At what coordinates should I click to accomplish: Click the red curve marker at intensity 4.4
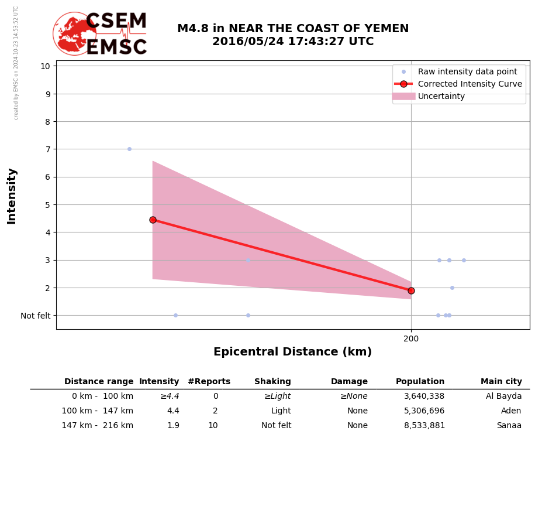coord(153,220)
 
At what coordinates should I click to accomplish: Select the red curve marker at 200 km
coord(411,290)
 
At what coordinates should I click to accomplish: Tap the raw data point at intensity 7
coord(129,149)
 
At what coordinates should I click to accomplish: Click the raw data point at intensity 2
coord(452,288)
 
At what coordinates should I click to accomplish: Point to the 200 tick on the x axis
coord(411,338)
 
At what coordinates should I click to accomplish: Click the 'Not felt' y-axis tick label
coord(36,316)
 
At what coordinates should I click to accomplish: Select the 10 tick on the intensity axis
coord(45,66)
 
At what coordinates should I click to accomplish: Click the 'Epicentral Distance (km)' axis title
coord(292,352)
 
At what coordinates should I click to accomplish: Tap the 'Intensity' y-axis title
coord(12,196)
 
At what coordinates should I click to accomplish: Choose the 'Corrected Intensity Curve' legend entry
coord(470,84)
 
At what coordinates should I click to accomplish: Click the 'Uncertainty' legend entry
coord(441,96)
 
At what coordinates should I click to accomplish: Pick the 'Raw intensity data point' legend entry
coord(467,71)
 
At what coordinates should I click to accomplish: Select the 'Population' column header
coord(420,382)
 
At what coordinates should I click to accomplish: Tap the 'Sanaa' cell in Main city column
coord(509,426)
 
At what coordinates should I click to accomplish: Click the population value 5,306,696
coord(424,411)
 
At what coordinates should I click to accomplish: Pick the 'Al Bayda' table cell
coord(503,396)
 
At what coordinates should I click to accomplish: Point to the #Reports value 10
coord(213,426)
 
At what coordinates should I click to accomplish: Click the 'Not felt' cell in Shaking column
coord(276,426)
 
